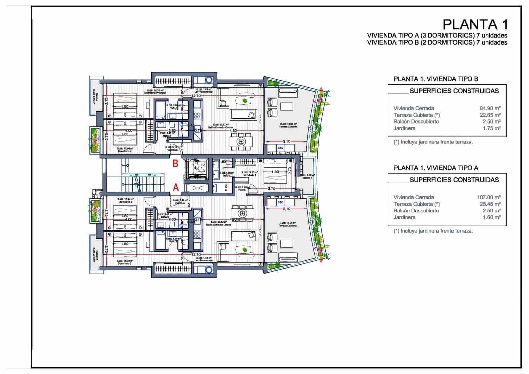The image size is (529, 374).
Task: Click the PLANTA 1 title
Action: (475, 24)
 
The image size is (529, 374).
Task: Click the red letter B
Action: (176, 163)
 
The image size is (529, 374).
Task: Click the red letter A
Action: (176, 188)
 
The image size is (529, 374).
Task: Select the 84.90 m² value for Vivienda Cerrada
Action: (490, 108)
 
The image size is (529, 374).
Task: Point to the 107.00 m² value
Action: (489, 197)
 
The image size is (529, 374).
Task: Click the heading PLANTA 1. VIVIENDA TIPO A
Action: (436, 168)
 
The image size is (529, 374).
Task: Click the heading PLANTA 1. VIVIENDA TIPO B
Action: (436, 79)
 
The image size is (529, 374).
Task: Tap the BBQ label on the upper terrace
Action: (280, 147)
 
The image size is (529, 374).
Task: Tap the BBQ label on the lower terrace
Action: (280, 202)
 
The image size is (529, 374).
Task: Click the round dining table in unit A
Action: (243, 213)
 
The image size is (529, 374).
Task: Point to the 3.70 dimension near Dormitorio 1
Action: (271, 189)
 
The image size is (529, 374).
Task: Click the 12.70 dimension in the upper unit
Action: (196, 96)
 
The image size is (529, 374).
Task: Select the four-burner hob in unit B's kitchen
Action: (197, 116)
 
